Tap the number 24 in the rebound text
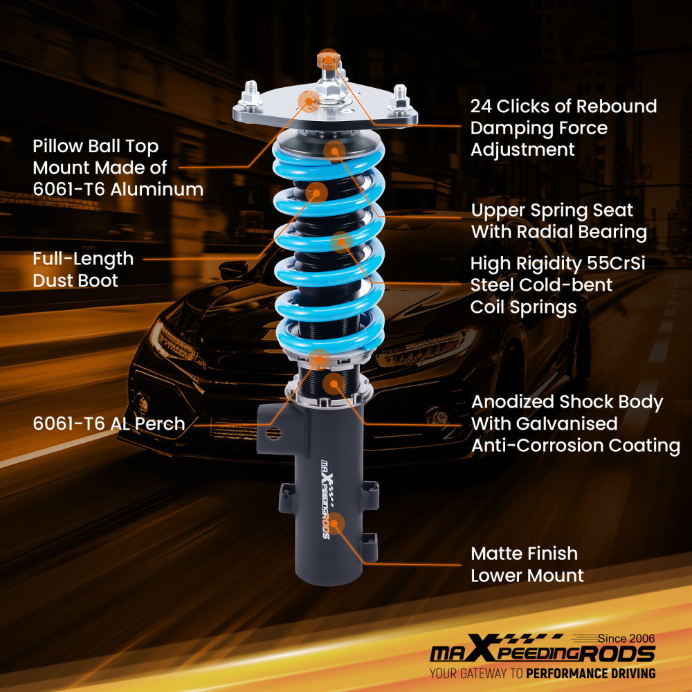[x=483, y=107]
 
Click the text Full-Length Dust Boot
[x=83, y=269]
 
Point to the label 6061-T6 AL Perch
[x=109, y=424]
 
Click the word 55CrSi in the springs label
[x=619, y=264]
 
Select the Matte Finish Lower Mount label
[x=527, y=564]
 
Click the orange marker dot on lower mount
[x=335, y=523]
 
